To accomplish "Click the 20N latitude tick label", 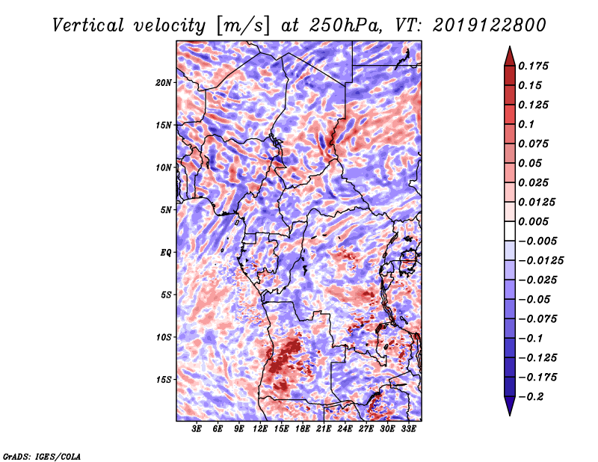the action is (164, 82).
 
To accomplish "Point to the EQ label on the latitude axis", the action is (165, 252).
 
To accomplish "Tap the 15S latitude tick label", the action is (164, 379).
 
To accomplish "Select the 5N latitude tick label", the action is (166, 209).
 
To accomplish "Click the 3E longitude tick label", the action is (197, 429).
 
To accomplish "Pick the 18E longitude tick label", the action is (303, 429).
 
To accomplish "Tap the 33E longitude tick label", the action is (408, 429).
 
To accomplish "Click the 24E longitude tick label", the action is (345, 429).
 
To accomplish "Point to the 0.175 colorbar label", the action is (533, 66).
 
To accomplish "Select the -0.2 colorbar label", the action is (531, 397).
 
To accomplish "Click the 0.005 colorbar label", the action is (533, 221).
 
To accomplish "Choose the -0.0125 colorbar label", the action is (540, 261).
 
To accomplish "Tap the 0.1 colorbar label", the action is (526, 124).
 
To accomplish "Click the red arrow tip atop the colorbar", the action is (510, 47).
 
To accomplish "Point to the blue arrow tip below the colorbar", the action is (510, 415).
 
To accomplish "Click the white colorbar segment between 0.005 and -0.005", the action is (510, 231).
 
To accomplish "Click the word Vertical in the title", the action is (88, 25).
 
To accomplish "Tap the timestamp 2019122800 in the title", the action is (490, 25).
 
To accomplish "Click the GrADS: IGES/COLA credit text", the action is (42, 456).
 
